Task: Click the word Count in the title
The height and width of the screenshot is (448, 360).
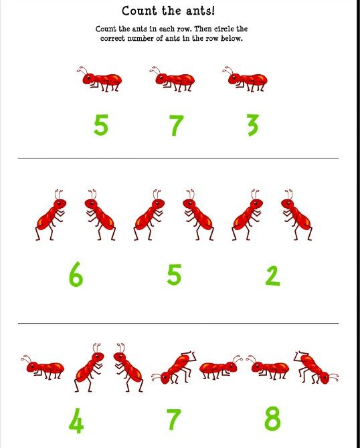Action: tap(139, 11)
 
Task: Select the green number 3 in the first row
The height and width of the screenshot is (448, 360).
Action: tap(253, 125)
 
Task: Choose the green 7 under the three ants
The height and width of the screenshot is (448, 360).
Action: tap(176, 125)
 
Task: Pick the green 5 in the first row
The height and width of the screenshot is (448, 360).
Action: tap(101, 124)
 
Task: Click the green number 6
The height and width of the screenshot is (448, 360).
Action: tap(76, 275)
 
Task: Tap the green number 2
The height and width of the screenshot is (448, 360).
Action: tap(272, 275)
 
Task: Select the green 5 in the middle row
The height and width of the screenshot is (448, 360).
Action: tap(174, 275)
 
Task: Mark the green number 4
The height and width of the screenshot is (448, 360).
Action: tap(76, 421)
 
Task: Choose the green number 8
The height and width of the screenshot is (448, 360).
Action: tap(272, 419)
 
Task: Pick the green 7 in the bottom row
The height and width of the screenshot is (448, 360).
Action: tap(174, 419)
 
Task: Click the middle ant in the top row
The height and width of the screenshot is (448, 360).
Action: tap(172, 79)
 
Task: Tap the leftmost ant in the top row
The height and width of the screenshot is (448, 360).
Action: tap(99, 79)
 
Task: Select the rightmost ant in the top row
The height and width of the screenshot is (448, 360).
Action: tap(245, 79)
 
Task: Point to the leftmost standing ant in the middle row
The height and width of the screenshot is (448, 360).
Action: tap(51, 215)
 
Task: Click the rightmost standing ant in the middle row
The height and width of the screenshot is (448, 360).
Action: tap(296, 215)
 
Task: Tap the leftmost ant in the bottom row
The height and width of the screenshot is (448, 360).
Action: tap(43, 367)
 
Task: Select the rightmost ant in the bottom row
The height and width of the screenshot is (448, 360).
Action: tap(316, 368)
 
